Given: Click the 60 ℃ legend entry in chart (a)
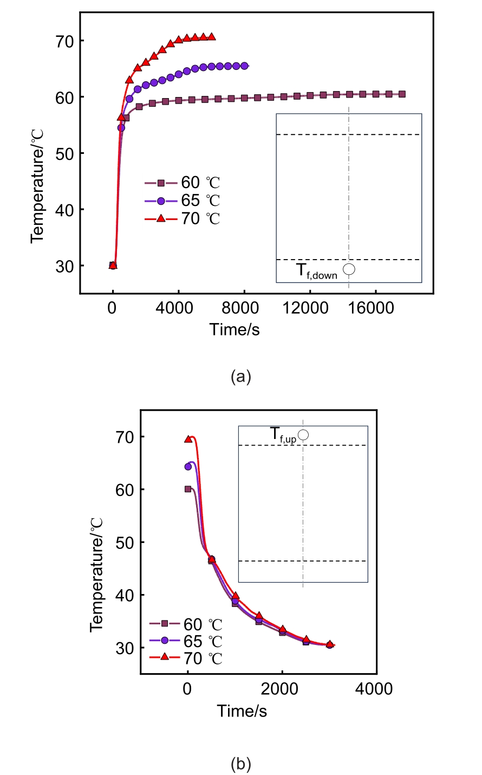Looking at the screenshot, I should [182, 183].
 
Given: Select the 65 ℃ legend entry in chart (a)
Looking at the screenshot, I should [182, 201].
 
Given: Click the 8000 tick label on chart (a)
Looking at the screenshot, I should [244, 308].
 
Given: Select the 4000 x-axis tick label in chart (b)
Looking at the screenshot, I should [374, 689].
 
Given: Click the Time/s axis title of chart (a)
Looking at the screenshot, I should [235, 329].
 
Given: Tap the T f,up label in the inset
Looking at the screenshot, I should [283, 435].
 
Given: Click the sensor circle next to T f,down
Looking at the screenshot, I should [349, 269].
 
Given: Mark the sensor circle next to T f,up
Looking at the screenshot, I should [303, 435].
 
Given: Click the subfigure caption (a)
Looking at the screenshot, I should [241, 377].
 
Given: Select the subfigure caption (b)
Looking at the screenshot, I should [241, 764].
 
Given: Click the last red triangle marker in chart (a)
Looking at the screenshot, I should [212, 37].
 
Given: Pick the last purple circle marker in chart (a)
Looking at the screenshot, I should [244, 66].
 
